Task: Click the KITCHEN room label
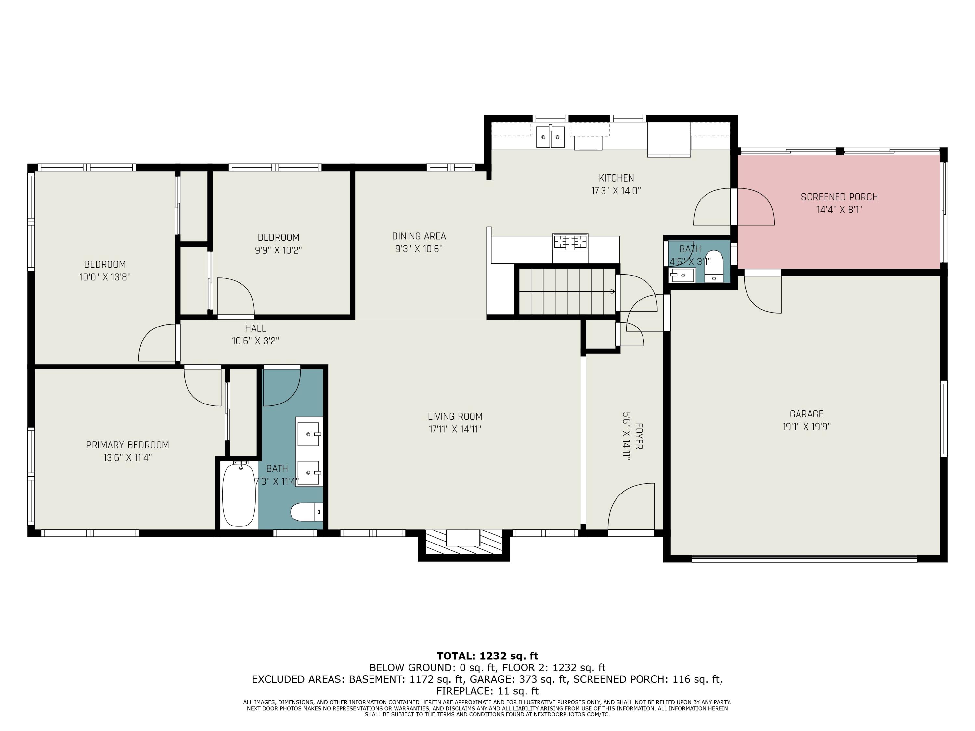(x=616, y=178)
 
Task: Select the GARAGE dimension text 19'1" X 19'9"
(x=806, y=427)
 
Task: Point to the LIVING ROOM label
(x=455, y=417)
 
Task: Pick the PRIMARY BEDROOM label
(x=127, y=445)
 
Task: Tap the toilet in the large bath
(x=307, y=512)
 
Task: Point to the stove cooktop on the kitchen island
(x=570, y=241)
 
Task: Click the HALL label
(x=256, y=328)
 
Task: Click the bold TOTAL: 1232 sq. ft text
(x=487, y=656)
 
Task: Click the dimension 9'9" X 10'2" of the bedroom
(x=278, y=250)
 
